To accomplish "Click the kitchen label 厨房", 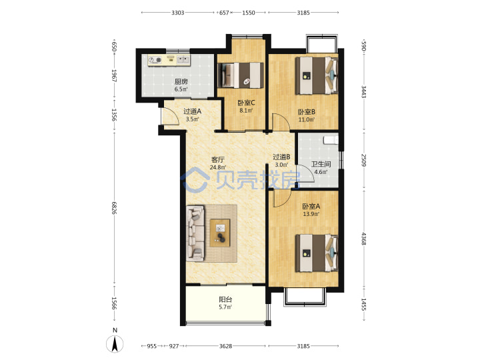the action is pos(181,81).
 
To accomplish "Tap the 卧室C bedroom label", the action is pos(246,103).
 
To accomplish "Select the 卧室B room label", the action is pos(307,112).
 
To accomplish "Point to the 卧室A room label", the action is pos(311,206).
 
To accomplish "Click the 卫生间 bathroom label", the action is pos(321,164).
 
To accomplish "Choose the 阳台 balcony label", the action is pos(225,299).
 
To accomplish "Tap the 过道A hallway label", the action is pos(192,111).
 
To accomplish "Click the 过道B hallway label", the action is pos(281,157).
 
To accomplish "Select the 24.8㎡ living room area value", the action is pos(217,167).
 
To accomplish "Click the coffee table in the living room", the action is pos(220,233).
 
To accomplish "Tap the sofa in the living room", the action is pos(195,233).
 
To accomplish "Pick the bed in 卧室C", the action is pos(241,75).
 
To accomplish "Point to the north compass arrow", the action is pos(115,344).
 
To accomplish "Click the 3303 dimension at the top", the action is pos(177,13).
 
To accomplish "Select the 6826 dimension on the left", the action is pos(114,208).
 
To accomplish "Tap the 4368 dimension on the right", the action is pos(364,239).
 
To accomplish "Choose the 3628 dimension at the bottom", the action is pos(225,346).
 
